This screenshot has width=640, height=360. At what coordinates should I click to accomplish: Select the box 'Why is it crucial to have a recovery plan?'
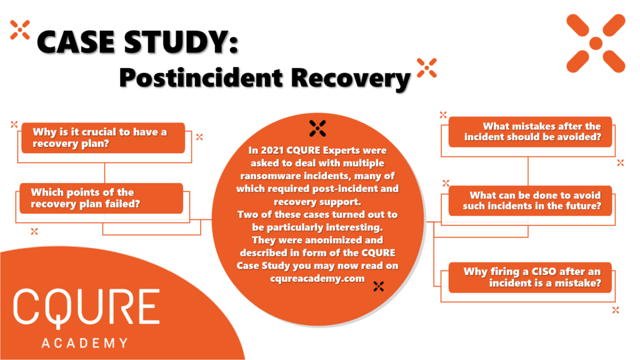(103, 137)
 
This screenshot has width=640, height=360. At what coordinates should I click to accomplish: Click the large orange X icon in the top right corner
(596, 42)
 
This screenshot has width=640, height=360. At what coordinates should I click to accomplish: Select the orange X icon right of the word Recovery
(426, 67)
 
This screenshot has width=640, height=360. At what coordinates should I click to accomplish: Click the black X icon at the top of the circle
(318, 128)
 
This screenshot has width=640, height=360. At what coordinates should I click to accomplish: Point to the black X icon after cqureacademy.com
(377, 286)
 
